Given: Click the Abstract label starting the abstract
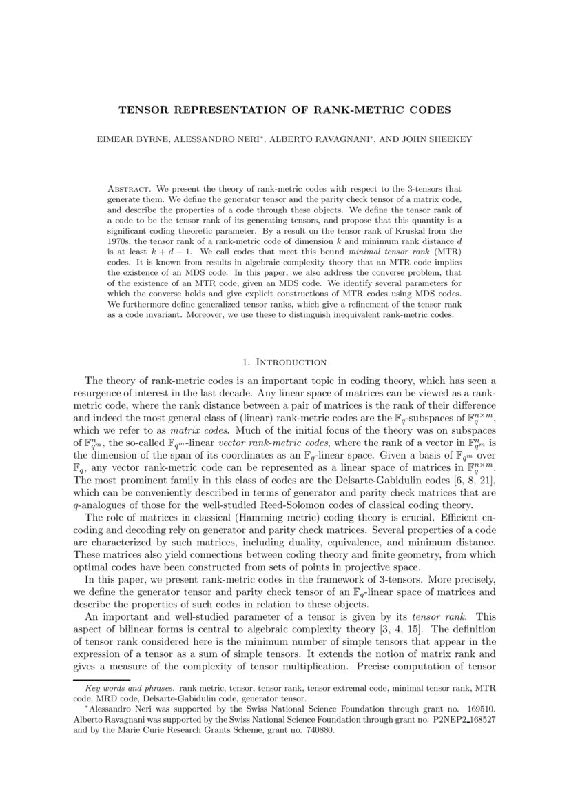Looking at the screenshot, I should coord(131,188).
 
